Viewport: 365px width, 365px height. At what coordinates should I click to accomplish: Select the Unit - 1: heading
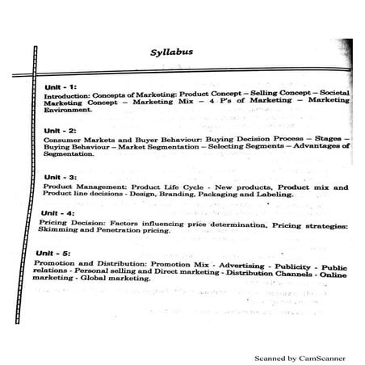point(61,86)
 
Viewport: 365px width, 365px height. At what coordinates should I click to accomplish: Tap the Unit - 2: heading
point(61,130)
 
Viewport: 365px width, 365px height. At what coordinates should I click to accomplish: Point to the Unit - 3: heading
point(61,176)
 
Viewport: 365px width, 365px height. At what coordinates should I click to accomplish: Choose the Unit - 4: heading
point(56,212)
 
